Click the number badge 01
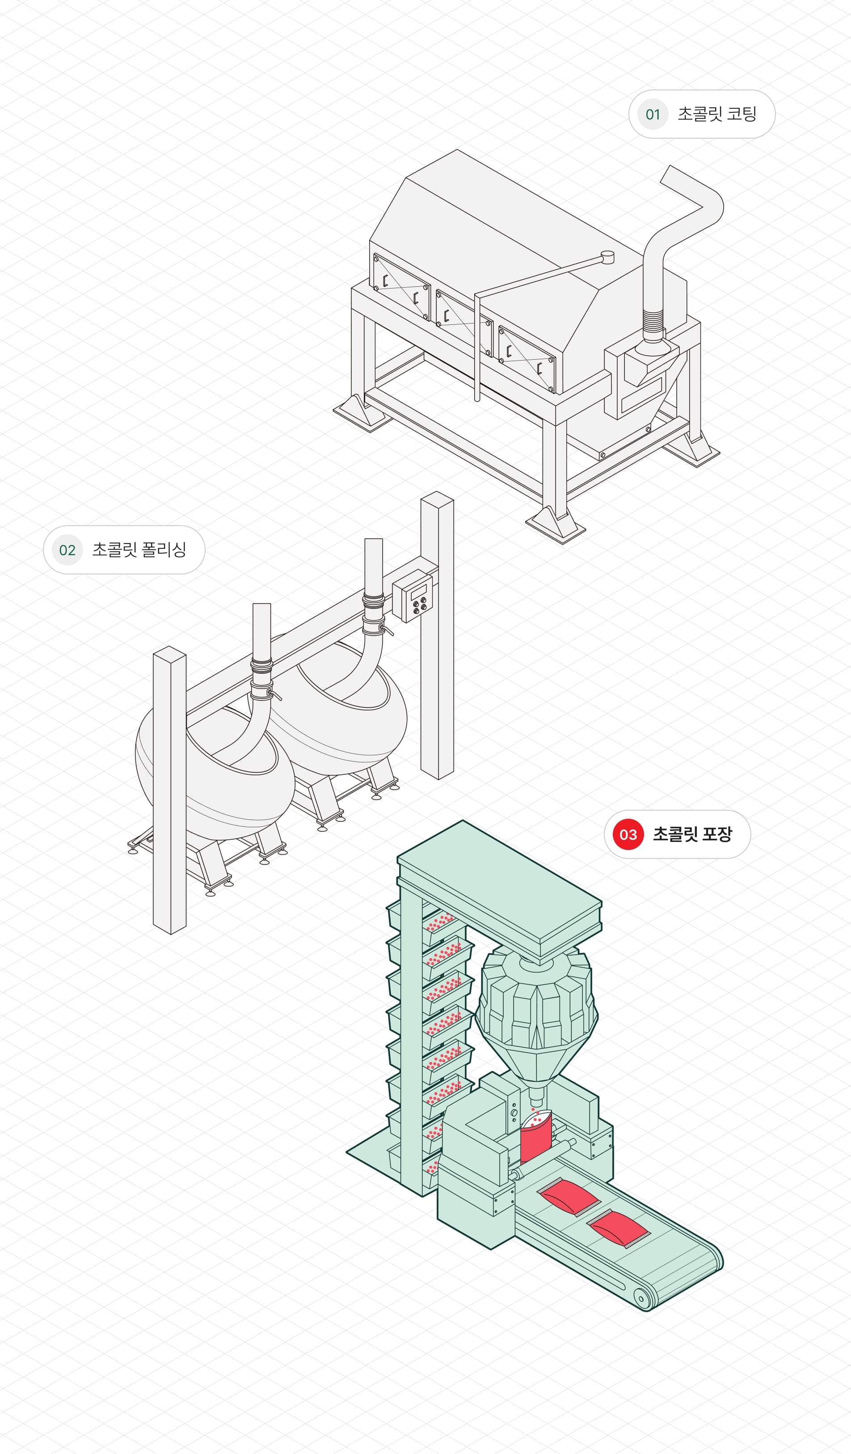652,114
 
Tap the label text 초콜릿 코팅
716,114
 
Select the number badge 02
67,550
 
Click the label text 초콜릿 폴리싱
139,550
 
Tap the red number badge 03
628,834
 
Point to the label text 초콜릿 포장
692,834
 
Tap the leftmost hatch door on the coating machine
401,287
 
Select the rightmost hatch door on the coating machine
527,358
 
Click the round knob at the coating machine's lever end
607,257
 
